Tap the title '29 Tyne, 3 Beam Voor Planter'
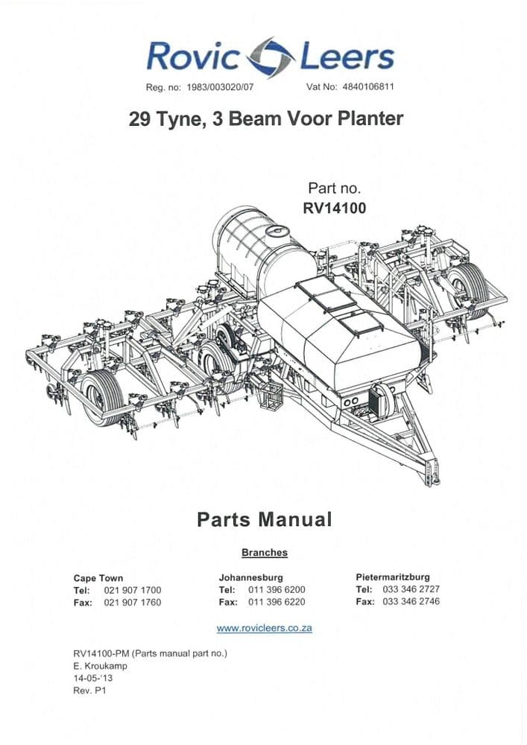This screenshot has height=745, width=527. (x=266, y=119)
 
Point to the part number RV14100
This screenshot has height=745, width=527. (x=335, y=209)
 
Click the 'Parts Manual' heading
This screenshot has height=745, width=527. (x=264, y=519)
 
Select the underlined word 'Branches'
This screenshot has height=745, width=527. (x=264, y=553)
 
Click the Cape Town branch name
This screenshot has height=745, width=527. (x=98, y=577)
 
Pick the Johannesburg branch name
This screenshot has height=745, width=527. (x=250, y=577)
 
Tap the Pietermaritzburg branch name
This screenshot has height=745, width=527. (x=393, y=577)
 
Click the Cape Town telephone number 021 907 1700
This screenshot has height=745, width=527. (x=133, y=590)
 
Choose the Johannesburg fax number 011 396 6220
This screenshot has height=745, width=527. (x=277, y=602)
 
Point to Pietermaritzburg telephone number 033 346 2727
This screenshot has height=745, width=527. (x=411, y=589)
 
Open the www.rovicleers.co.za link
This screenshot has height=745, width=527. (x=264, y=628)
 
